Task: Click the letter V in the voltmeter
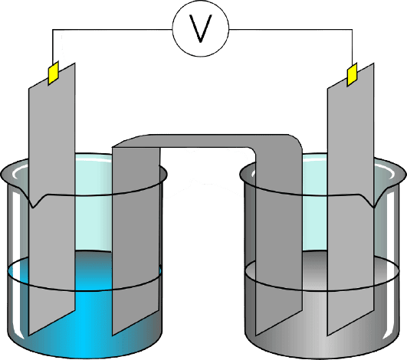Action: coord(201,28)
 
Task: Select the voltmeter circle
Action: coord(201,28)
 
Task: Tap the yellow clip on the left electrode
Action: coord(53,73)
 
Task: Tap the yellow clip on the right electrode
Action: coord(353,74)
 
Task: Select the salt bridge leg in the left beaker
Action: coord(136,239)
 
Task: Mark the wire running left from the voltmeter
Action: coord(113,29)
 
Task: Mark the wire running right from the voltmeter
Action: coord(290,29)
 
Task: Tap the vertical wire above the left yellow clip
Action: coord(53,47)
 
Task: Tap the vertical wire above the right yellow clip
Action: coord(353,47)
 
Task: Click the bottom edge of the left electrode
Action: coord(52,323)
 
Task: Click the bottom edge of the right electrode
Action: coord(351,323)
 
